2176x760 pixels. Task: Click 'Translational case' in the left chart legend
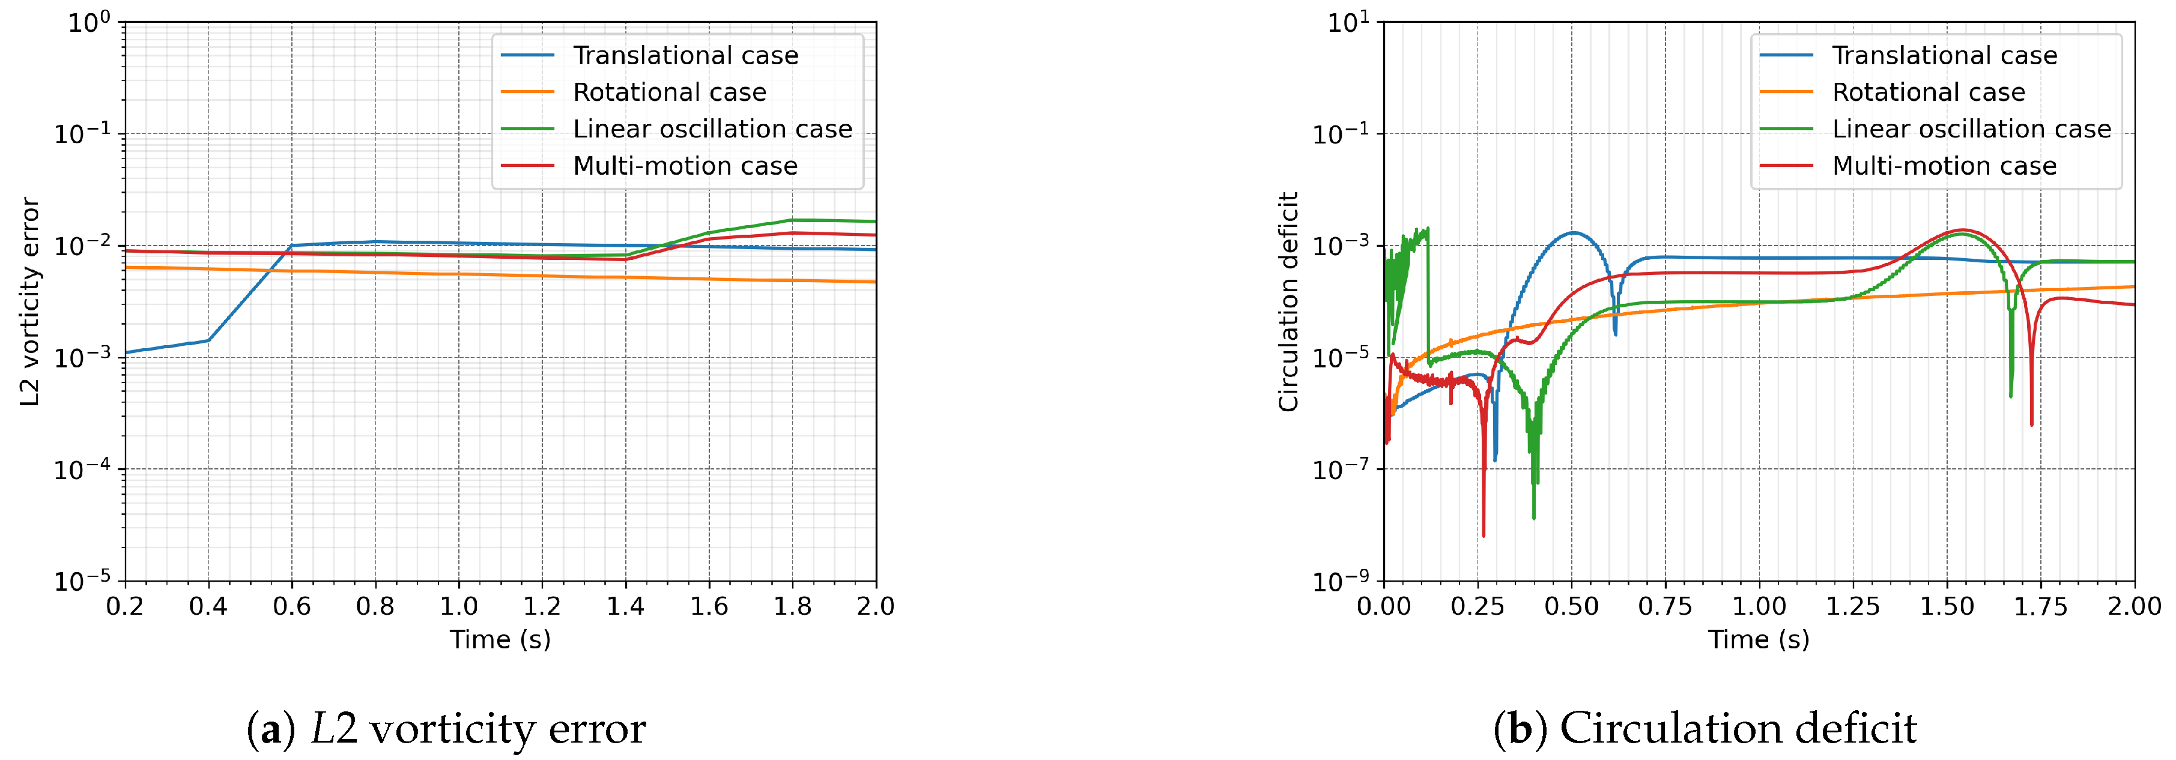[x=685, y=56]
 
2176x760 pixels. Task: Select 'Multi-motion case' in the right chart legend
[x=1944, y=166]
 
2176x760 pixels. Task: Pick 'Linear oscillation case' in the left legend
[x=712, y=129]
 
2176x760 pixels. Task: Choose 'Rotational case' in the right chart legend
[x=1929, y=92]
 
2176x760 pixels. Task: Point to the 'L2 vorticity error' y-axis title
[x=31, y=303]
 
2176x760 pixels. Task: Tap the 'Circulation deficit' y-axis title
[x=1288, y=303]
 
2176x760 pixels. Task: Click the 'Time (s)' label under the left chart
[x=500, y=640]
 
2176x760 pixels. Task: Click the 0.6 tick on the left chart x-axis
[x=291, y=606]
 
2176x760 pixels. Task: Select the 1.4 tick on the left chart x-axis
[x=625, y=606]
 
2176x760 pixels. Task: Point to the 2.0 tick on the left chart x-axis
[x=875, y=606]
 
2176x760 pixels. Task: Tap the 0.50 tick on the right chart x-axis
[x=1571, y=606]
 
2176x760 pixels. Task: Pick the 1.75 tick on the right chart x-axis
[x=2041, y=606]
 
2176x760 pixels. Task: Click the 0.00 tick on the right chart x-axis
[x=1384, y=606]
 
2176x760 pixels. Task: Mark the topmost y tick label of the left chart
[x=89, y=23]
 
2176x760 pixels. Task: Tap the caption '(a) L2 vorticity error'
[x=446, y=729]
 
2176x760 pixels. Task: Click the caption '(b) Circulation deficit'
[x=1705, y=729]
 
